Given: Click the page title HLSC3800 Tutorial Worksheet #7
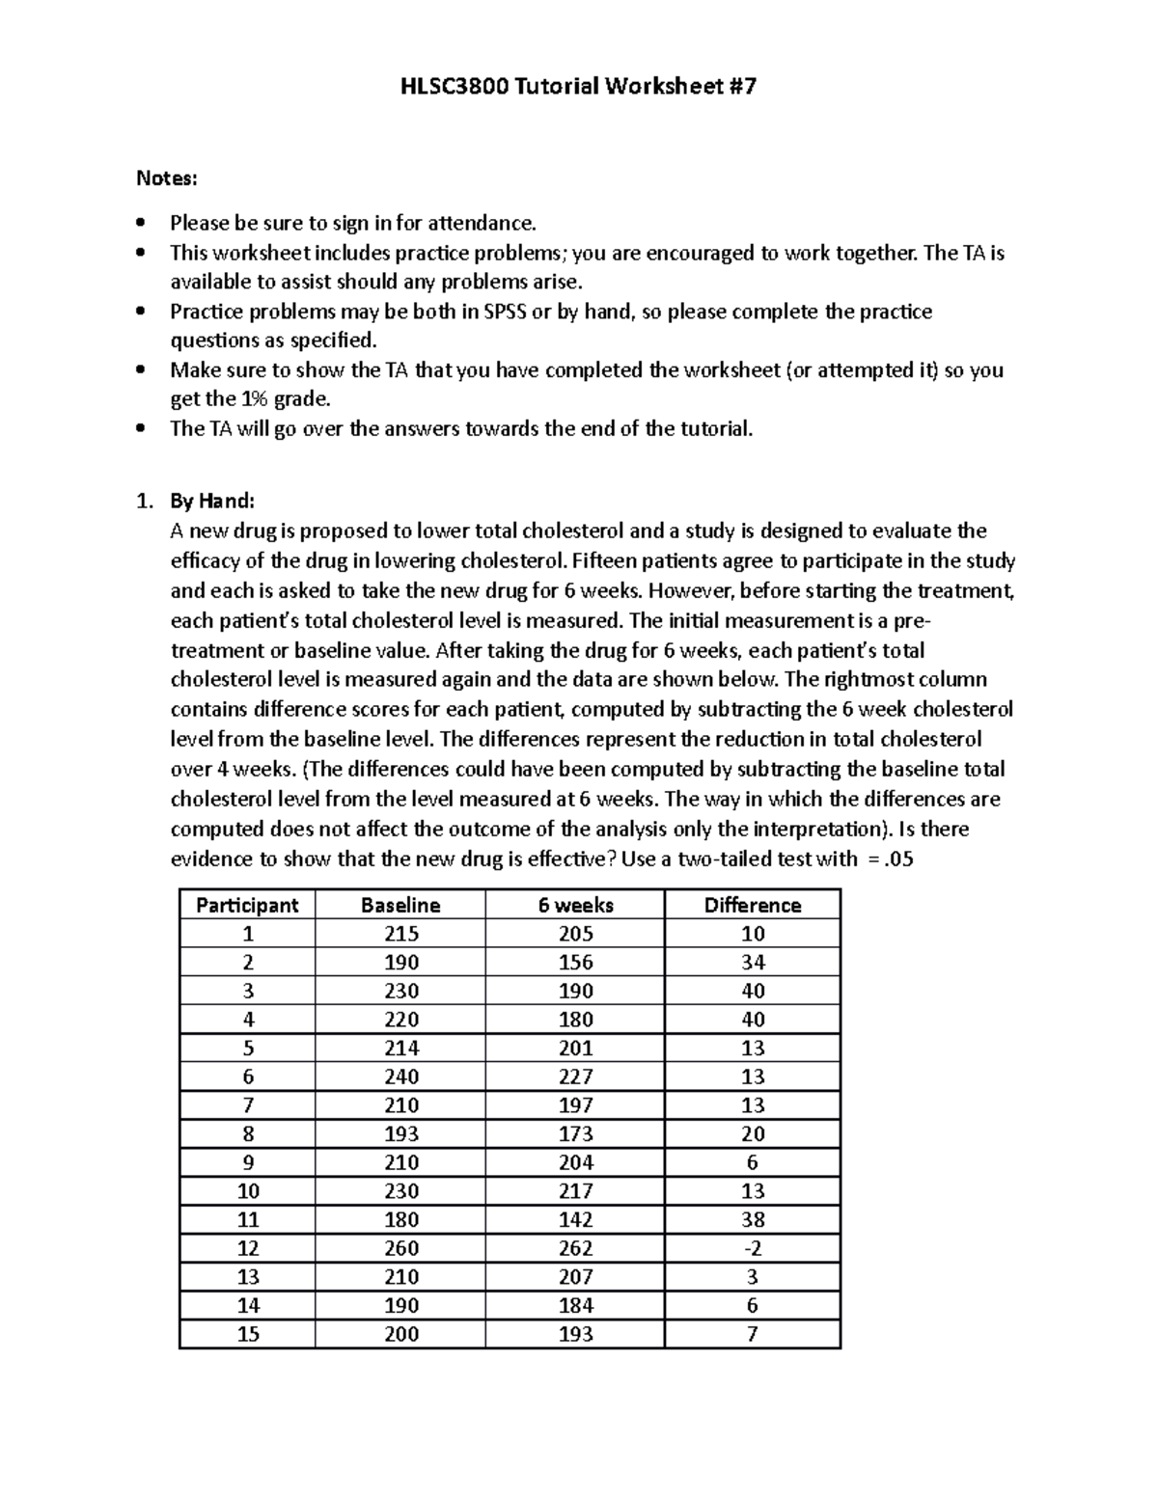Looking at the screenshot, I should [578, 87].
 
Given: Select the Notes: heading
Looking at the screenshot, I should [167, 178].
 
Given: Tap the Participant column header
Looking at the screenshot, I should [247, 905].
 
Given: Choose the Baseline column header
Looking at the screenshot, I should [400, 905].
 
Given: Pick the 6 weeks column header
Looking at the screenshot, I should [575, 905].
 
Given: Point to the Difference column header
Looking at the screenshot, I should [753, 905].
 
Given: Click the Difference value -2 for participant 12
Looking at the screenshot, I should [753, 1248].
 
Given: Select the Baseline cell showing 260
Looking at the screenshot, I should [400, 1248].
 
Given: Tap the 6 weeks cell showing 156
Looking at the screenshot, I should [575, 963].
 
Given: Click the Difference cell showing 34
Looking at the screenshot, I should [753, 963].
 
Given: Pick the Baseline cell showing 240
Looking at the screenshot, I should [400, 1076].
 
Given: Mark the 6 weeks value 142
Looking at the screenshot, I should [575, 1219].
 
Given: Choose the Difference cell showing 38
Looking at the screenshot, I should [753, 1219].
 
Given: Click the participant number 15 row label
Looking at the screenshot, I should [248, 1334].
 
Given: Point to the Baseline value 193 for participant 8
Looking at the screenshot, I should [400, 1133].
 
